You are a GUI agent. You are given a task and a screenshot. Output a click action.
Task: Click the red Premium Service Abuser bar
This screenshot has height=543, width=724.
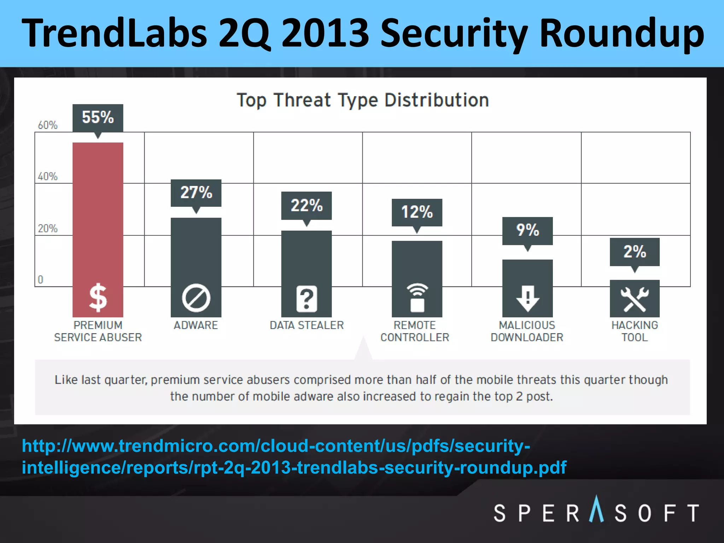tap(98, 212)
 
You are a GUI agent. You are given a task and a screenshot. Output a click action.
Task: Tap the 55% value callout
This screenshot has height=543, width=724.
tap(98, 117)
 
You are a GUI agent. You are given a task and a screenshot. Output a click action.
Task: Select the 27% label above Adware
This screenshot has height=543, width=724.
tap(196, 193)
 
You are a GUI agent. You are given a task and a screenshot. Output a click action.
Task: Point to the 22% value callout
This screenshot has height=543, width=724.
tap(306, 205)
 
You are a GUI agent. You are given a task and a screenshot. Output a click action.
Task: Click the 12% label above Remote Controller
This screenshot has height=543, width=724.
tap(417, 212)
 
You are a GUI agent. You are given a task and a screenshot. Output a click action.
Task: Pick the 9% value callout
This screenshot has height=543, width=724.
tap(527, 230)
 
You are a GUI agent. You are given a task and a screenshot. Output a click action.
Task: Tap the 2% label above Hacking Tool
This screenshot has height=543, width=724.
tap(635, 252)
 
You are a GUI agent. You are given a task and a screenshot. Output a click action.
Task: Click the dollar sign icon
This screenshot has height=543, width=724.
tap(98, 298)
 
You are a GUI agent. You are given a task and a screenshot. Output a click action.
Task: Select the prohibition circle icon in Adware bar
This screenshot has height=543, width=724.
tap(196, 298)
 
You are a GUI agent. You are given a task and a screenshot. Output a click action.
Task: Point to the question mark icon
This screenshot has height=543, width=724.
tap(306, 299)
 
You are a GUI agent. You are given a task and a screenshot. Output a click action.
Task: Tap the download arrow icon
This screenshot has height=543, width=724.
tap(527, 299)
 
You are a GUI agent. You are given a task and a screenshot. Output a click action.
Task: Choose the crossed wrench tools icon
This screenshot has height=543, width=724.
tap(635, 299)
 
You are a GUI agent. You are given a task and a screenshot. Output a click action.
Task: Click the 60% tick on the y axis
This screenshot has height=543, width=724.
tap(48, 125)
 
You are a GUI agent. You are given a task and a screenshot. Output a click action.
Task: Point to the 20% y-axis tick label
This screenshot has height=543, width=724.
tap(48, 228)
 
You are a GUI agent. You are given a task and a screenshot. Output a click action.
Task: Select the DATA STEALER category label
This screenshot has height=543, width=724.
tap(306, 325)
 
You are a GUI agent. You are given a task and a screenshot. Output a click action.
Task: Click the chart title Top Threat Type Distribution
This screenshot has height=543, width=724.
tap(363, 100)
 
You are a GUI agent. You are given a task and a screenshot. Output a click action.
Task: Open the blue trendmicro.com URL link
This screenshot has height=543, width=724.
tap(293, 456)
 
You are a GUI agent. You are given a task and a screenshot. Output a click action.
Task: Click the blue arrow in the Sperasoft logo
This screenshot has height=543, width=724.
tap(597, 509)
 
